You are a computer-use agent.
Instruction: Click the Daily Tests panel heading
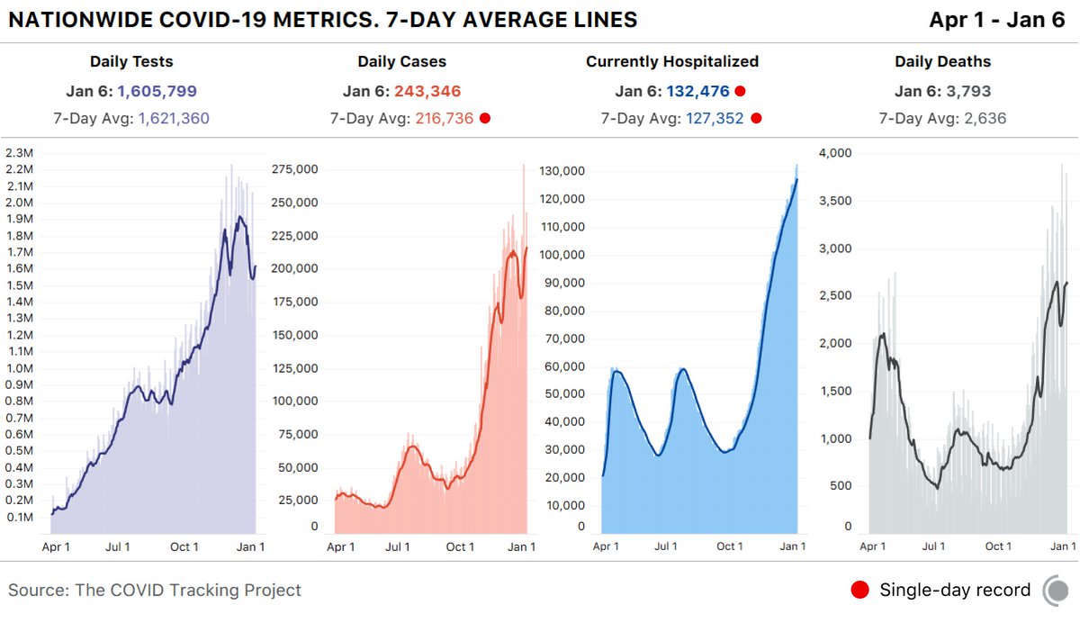pos(131,62)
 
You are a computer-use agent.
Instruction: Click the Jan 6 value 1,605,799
pos(157,91)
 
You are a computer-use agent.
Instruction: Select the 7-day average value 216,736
pos(444,118)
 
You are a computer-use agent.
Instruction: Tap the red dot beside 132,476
pos(740,91)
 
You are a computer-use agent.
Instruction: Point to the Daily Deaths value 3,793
pos(967,91)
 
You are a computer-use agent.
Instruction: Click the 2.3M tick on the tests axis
pos(19,152)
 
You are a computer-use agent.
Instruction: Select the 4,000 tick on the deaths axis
pos(834,153)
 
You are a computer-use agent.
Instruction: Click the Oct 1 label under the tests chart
pos(184,546)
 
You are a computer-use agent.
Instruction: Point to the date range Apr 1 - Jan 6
pos(996,20)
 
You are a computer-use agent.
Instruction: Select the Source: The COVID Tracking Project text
pos(155,591)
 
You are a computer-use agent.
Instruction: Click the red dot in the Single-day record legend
pos(859,591)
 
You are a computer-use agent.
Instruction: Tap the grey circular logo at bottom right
pos(1056,591)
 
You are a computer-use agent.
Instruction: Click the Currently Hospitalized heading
pos(671,62)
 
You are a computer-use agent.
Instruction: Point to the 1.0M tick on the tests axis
pos(19,368)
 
